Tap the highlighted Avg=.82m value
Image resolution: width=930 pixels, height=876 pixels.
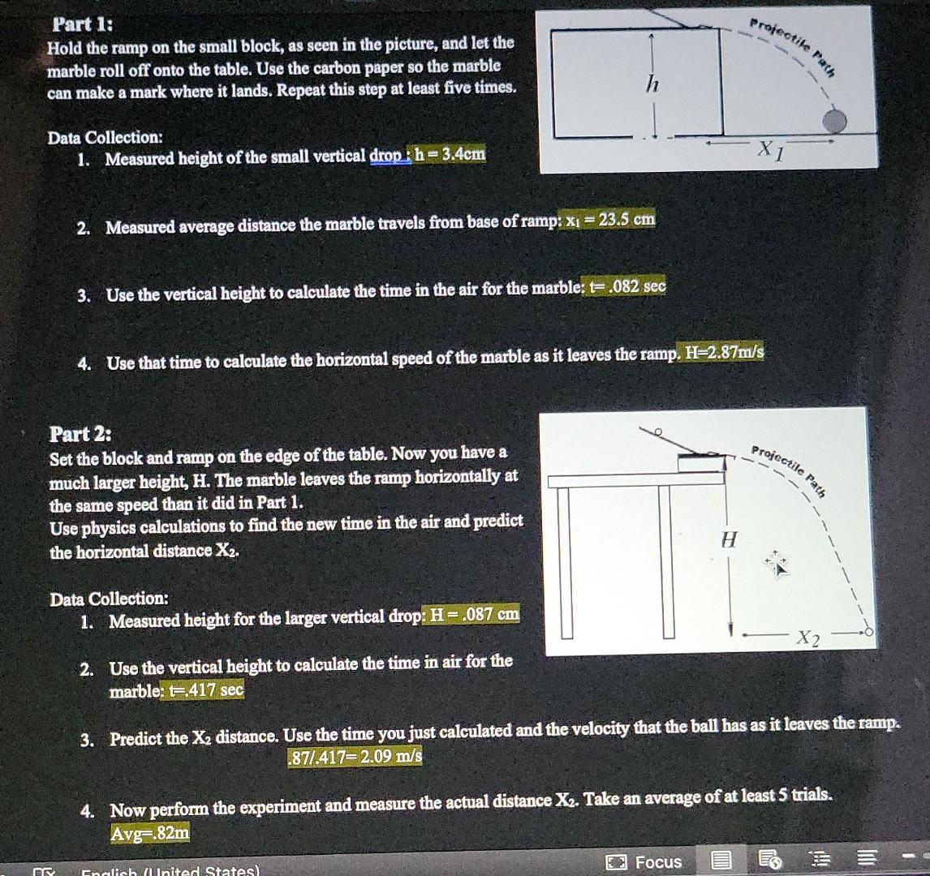[151, 831]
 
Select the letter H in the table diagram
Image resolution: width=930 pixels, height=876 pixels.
[730, 539]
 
